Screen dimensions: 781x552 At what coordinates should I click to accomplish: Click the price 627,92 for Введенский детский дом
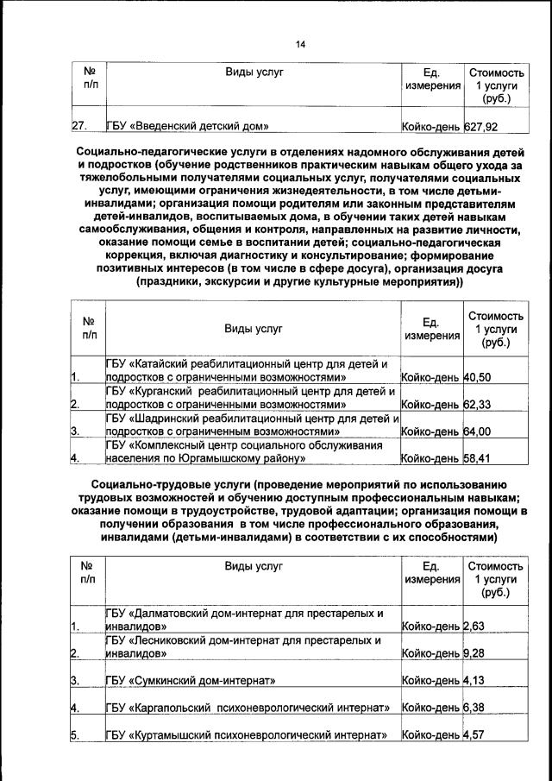coord(481,127)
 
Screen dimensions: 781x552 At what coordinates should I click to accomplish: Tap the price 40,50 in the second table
coord(477,377)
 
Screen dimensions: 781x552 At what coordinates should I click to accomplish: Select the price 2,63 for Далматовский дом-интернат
coord(474,627)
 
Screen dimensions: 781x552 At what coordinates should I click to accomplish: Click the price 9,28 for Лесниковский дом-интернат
coord(474,653)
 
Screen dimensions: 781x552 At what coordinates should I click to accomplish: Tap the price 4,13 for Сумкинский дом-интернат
coord(474,681)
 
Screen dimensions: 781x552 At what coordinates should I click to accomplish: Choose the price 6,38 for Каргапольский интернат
coord(474,709)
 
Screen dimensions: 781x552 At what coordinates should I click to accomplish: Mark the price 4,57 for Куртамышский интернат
coord(474,736)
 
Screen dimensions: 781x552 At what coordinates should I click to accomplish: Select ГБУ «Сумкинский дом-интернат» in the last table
coord(190,681)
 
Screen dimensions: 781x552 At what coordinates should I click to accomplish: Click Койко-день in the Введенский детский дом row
coord(431,127)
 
